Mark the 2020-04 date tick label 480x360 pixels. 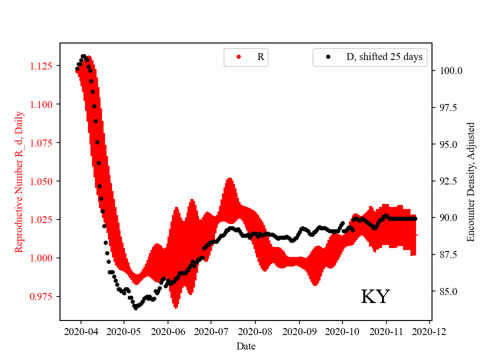click(x=81, y=331)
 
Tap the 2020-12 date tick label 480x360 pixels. click(x=430, y=331)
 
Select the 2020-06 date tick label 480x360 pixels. click(x=168, y=331)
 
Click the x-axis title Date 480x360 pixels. click(x=245, y=346)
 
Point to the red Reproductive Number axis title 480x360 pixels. click(x=19, y=181)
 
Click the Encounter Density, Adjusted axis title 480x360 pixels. click(x=470, y=181)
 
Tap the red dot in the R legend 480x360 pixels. click(x=238, y=57)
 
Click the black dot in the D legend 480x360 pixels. click(x=328, y=57)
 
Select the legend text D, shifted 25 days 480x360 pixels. click(x=384, y=57)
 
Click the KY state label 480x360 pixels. click(x=375, y=296)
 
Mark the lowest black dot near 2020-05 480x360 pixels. click(x=135, y=308)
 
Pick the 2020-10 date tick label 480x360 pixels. click(x=342, y=331)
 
